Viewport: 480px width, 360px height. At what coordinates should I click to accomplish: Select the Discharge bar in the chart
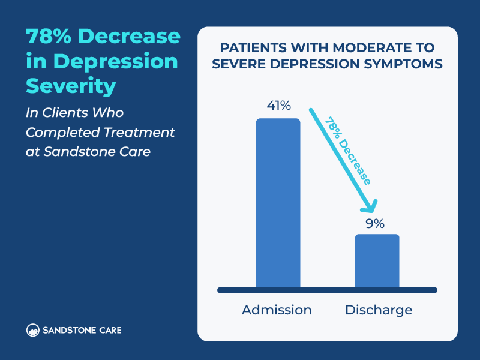pos(377,260)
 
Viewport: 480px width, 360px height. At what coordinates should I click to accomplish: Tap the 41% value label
pos(278,106)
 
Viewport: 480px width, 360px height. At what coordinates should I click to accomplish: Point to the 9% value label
pos(375,223)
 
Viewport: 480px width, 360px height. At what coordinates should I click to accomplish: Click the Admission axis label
pos(277,310)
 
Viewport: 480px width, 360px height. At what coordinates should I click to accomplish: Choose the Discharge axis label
pos(379,310)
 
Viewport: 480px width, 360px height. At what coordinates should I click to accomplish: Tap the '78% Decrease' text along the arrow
pos(348,150)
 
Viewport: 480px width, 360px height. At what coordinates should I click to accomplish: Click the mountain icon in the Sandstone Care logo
pos(33,330)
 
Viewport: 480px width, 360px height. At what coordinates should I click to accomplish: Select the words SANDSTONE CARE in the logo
pos(82,330)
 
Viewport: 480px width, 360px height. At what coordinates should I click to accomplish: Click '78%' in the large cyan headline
pos(48,37)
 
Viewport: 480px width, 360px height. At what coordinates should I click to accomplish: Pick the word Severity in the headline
pos(71,86)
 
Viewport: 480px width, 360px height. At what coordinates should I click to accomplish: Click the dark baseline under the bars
pos(327,290)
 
